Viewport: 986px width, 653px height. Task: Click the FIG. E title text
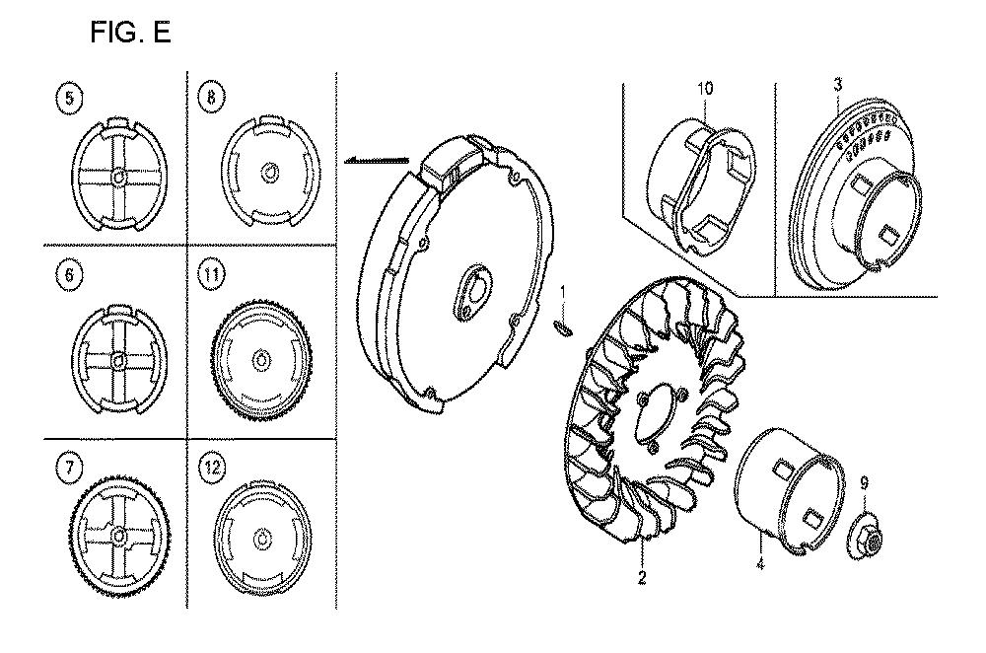[x=130, y=33]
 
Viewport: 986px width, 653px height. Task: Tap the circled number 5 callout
[x=69, y=99]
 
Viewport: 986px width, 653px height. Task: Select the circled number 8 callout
[x=211, y=97]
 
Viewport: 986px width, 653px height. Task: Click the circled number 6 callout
[x=69, y=275]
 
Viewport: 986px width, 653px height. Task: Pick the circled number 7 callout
[x=69, y=467]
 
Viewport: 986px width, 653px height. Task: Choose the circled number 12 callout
[x=212, y=468]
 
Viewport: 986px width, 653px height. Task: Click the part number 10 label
[x=706, y=88]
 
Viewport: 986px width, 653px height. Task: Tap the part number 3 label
[x=837, y=84]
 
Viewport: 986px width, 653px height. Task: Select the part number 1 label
[x=563, y=292]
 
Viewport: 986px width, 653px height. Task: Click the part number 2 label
[x=642, y=577]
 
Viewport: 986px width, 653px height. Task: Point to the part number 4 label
[x=760, y=563]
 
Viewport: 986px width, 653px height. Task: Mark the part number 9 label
[x=864, y=483]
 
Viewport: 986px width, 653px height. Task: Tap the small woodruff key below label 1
[x=562, y=326]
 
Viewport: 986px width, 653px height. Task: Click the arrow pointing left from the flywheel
[x=377, y=161]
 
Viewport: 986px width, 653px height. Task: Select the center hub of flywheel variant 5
[x=117, y=178]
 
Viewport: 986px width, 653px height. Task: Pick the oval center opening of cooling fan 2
[x=649, y=416]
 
